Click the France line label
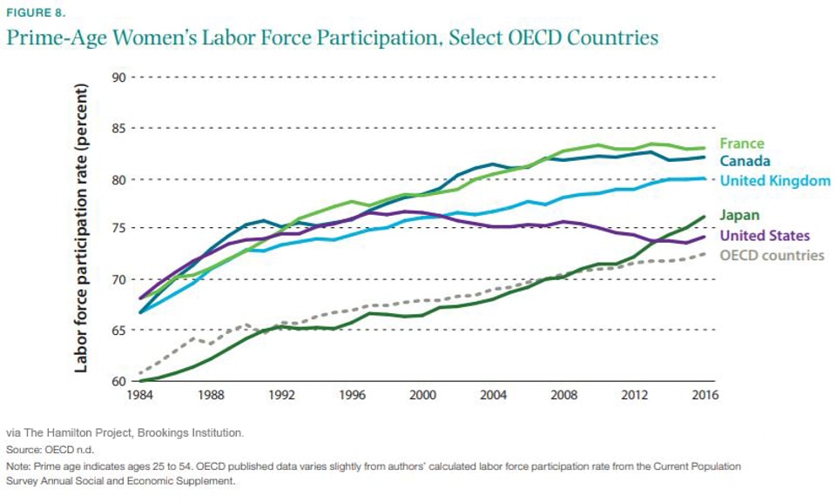pos(742,144)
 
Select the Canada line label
pos(745,162)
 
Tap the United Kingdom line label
pos(775,181)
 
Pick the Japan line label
pos(739,216)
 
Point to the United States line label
pos(765,236)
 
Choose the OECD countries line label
pos(772,255)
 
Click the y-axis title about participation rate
pos(81,229)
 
